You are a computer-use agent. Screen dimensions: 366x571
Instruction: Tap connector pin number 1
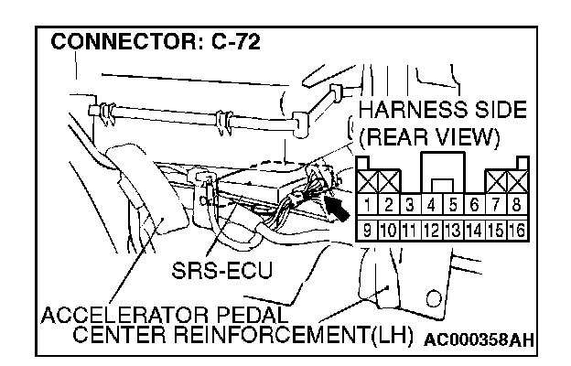pyautogui.click(x=365, y=204)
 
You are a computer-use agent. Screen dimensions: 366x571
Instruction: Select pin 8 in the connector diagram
pyautogui.click(x=518, y=204)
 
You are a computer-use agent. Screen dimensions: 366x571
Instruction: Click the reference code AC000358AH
pyautogui.click(x=477, y=339)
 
